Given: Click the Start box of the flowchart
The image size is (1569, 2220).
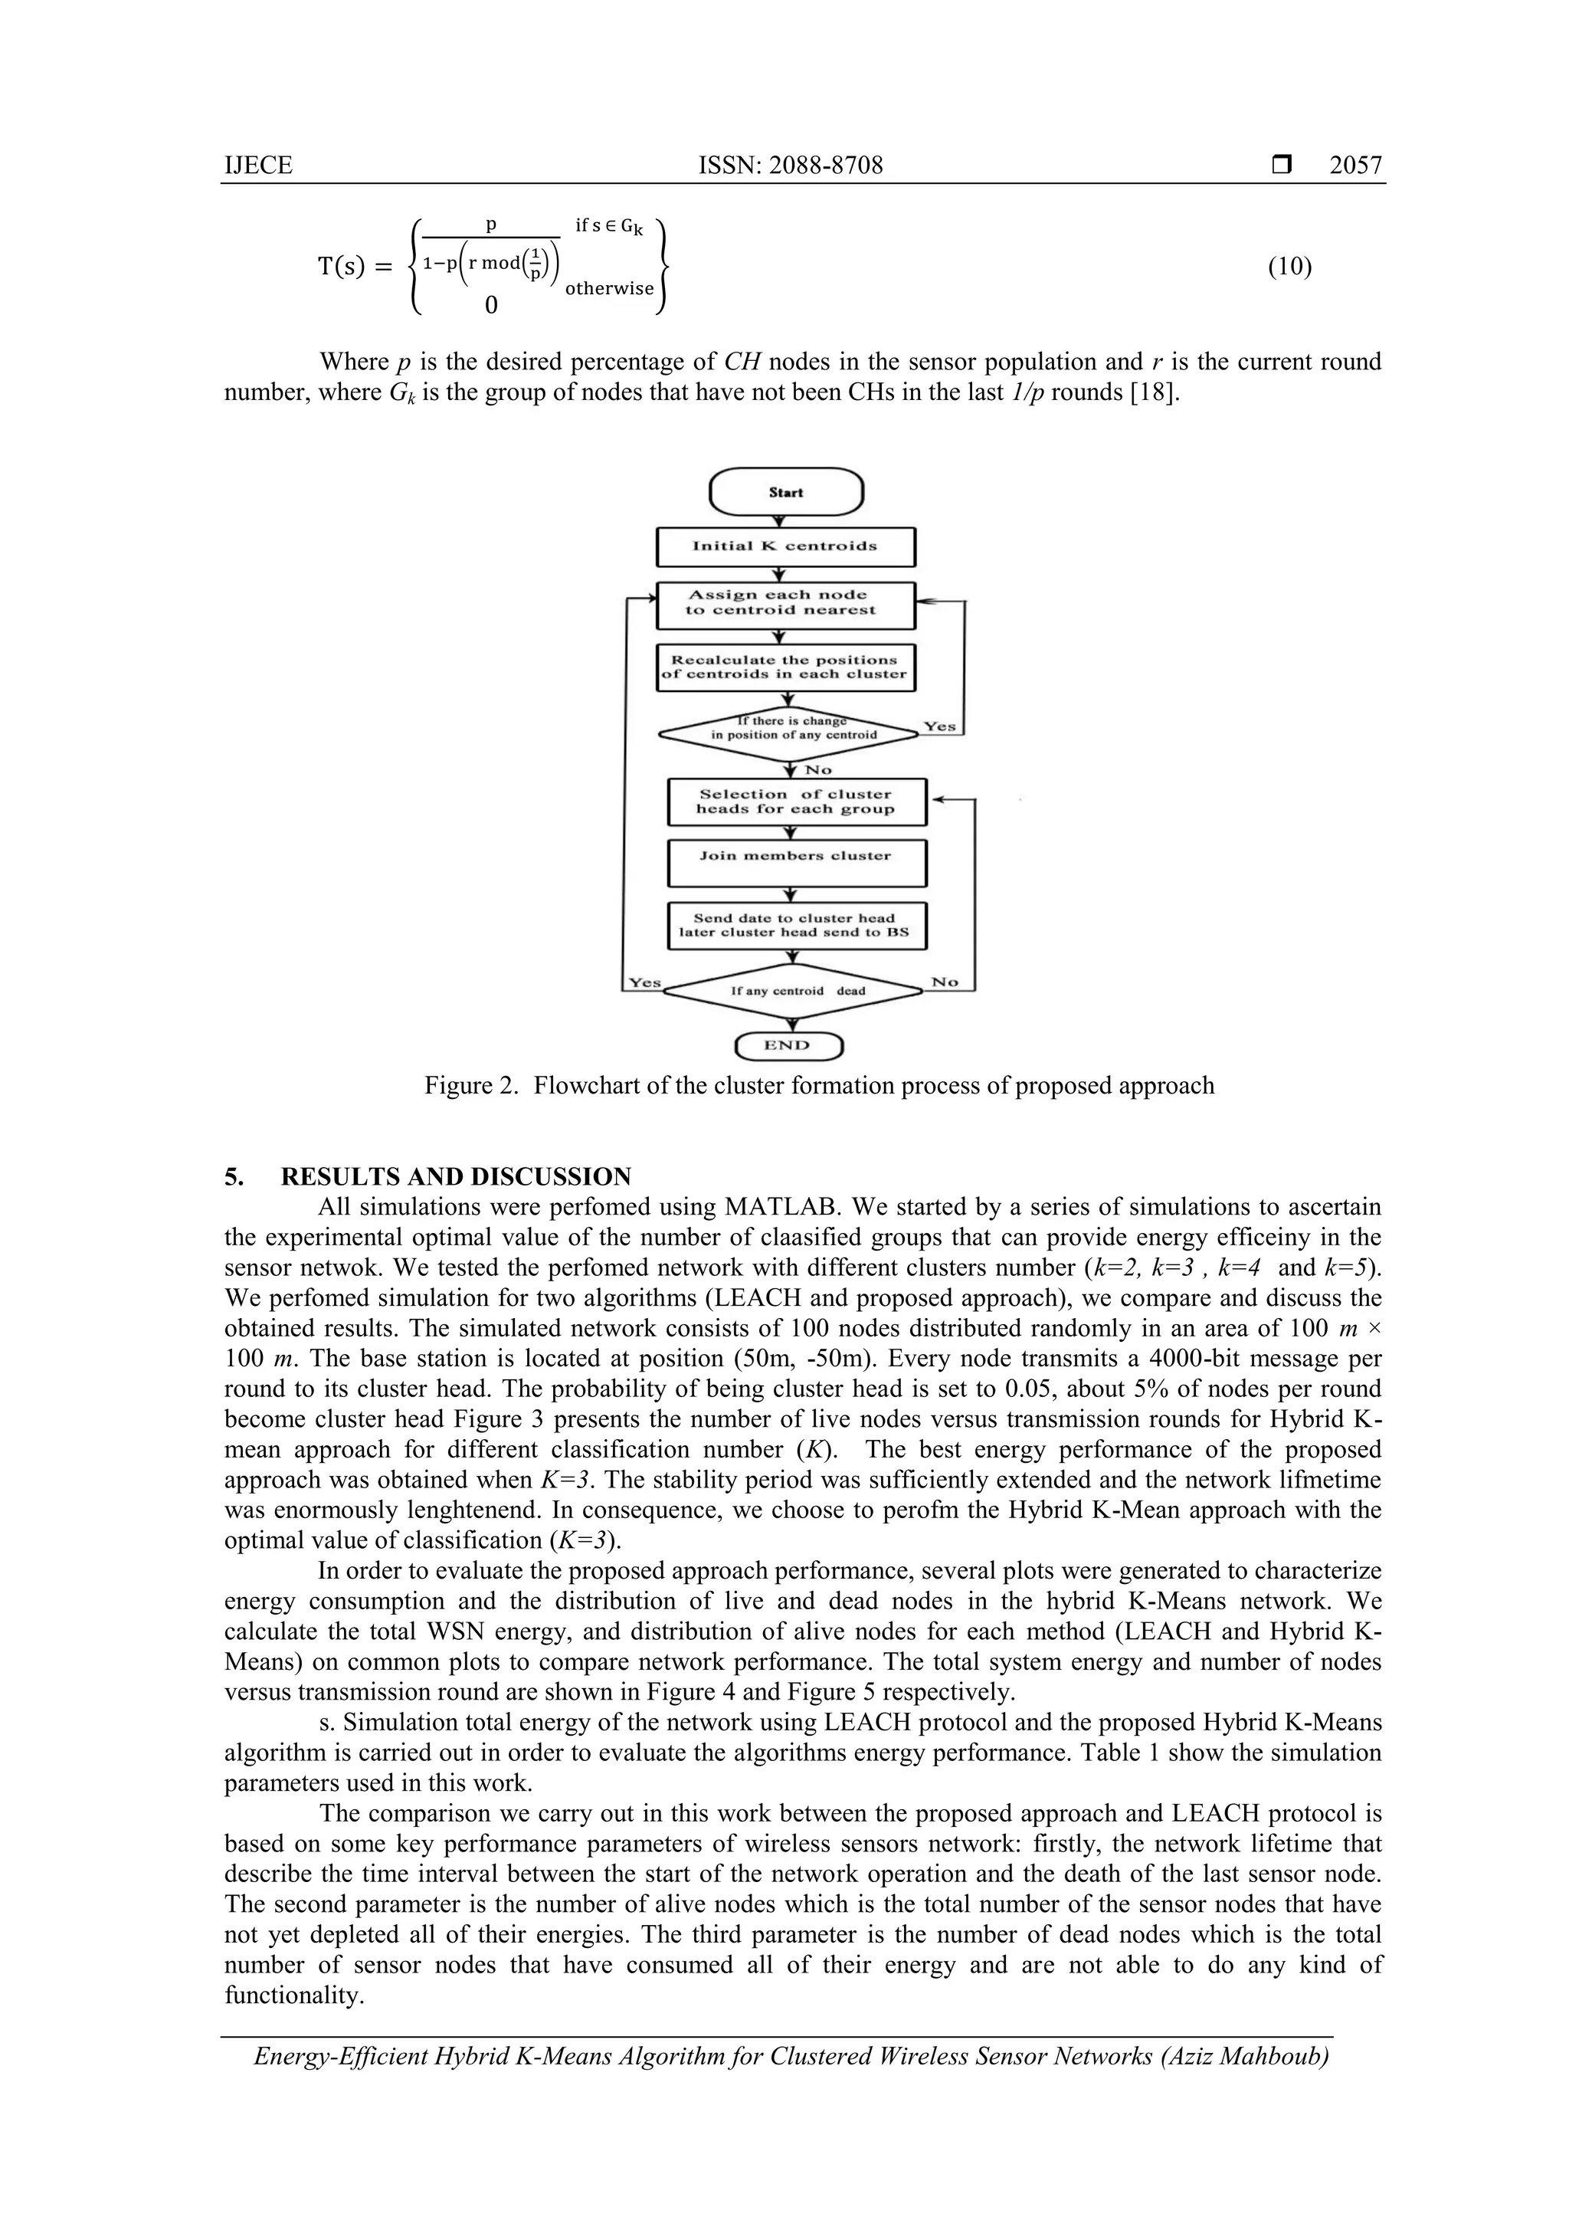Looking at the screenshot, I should click(x=785, y=492).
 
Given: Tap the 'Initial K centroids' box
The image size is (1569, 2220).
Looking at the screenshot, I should click(x=785, y=546).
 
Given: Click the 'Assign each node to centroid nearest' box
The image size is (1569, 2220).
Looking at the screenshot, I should click(x=785, y=603).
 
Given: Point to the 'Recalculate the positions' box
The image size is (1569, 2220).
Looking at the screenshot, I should click(x=785, y=667).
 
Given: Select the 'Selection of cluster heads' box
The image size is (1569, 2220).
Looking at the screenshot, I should click(x=796, y=802).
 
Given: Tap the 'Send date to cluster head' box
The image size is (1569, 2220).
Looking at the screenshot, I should click(x=796, y=926).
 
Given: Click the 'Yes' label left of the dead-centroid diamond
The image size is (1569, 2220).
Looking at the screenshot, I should click(x=645, y=982).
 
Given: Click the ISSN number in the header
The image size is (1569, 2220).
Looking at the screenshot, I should click(x=790, y=166).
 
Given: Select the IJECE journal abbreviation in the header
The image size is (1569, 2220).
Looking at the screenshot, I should click(x=258, y=166).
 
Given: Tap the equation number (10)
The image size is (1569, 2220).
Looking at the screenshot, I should click(x=1289, y=267).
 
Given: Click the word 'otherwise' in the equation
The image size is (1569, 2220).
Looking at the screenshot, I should click(x=609, y=288).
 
